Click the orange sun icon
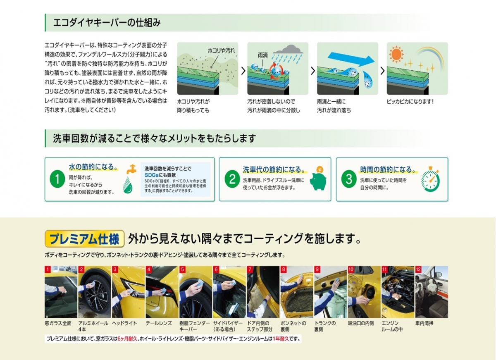pyautogui.click(x=396, y=54)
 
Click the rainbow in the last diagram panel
pyautogui.click(x=430, y=57)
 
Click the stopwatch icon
pyautogui.click(x=430, y=179)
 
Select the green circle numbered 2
pyautogui.click(x=232, y=179)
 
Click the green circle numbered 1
pyautogui.click(x=57, y=179)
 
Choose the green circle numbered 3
pyautogui.click(x=349, y=179)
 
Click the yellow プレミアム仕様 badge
pyautogui.click(x=84, y=238)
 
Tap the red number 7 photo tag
pyautogui.click(x=250, y=269)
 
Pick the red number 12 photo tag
pyautogui.click(x=418, y=269)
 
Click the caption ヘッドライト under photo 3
pyautogui.click(x=124, y=323)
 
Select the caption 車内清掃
pyautogui.click(x=424, y=323)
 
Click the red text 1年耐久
pyautogui.click(x=281, y=339)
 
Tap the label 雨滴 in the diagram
pyautogui.click(x=262, y=55)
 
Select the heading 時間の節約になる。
pyautogui.click(x=388, y=169)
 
